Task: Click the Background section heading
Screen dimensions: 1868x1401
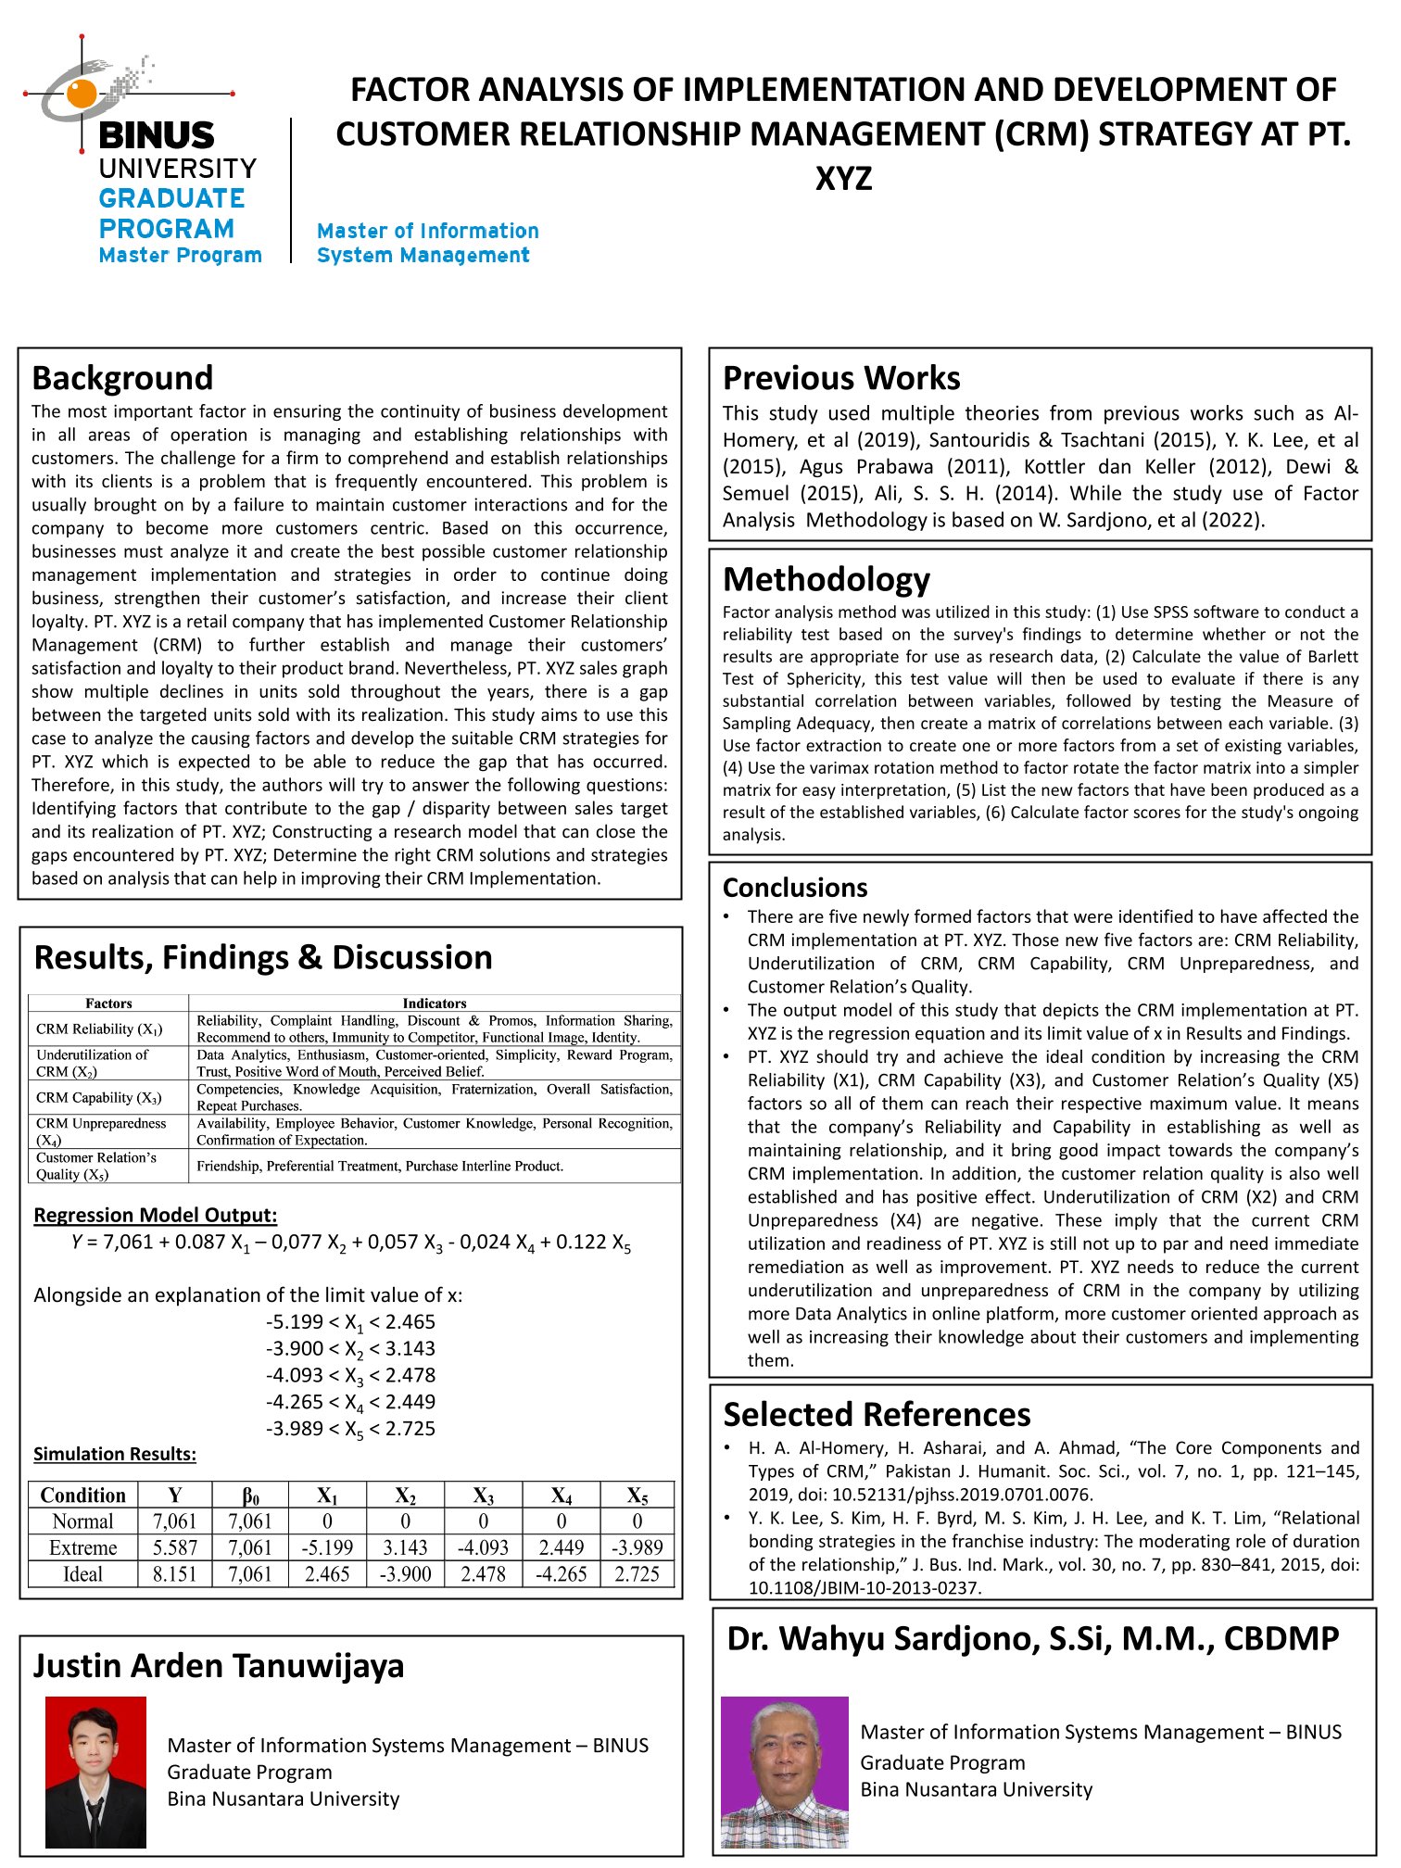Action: pyautogui.click(x=122, y=378)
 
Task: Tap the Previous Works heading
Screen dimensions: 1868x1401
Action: pyautogui.click(x=841, y=378)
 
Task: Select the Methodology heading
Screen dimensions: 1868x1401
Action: pyautogui.click(x=827, y=579)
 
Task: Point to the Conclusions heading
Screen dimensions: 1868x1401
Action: pyautogui.click(x=795, y=888)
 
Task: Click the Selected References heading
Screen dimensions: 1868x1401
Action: pyautogui.click(x=877, y=1415)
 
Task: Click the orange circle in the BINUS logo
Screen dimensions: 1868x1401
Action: pyautogui.click(x=82, y=93)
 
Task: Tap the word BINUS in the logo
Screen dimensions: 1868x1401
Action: pyautogui.click(x=156, y=136)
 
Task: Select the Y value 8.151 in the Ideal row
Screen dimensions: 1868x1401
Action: pyautogui.click(x=174, y=1574)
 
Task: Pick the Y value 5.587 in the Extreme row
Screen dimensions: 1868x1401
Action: pyautogui.click(x=174, y=1547)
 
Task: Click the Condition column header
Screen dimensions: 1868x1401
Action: pyautogui.click(x=82, y=1495)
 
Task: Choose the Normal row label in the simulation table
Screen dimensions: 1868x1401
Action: pyautogui.click(x=82, y=1521)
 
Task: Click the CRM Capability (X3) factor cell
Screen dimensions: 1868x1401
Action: pyautogui.click(x=99, y=1098)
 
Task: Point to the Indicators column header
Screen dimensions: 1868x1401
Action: pyautogui.click(x=435, y=1003)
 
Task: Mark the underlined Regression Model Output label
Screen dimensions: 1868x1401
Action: pyautogui.click(x=155, y=1215)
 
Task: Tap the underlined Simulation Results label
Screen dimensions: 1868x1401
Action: pyautogui.click(x=115, y=1454)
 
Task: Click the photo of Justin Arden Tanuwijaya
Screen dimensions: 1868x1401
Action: pyautogui.click(x=95, y=1772)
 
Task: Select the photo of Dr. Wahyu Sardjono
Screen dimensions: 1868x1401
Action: pyautogui.click(x=784, y=1772)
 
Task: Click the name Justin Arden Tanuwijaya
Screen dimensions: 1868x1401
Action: pyautogui.click(x=219, y=1666)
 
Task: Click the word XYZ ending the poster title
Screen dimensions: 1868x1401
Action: pyautogui.click(x=843, y=178)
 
